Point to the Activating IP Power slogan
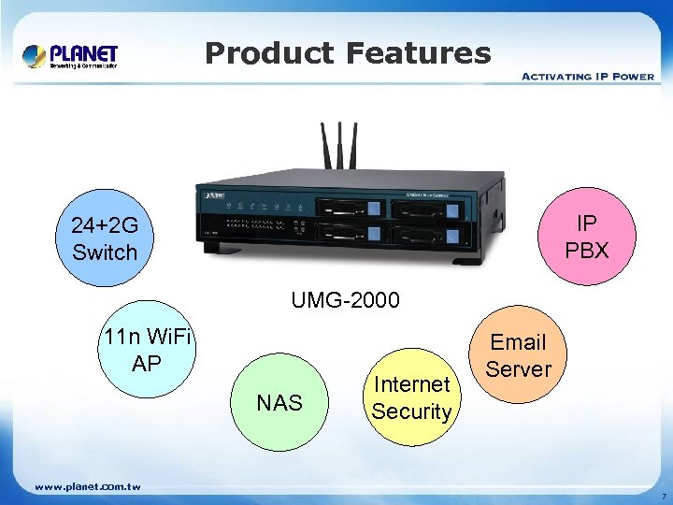(587, 76)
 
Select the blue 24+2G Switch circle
(104, 239)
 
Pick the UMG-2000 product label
(345, 300)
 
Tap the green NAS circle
(279, 403)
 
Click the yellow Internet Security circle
(411, 397)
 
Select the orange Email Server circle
(519, 355)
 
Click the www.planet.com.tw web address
(87, 486)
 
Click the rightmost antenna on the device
(356, 147)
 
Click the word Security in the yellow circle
(411, 411)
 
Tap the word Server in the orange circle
(519, 368)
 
